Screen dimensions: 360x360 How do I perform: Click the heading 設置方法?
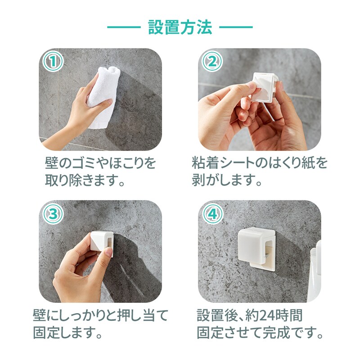(180, 27)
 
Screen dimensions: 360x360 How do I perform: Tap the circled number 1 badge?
(53, 62)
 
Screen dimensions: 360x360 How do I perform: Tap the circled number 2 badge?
(212, 62)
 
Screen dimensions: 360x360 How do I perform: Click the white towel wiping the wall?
(103, 96)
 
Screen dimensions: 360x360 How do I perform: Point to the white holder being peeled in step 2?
(265, 87)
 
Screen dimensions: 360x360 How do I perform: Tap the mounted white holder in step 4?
(256, 249)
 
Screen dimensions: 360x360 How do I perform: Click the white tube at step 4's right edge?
(315, 271)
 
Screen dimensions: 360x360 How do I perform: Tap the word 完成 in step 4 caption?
(277, 333)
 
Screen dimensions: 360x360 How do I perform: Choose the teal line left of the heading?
(124, 27)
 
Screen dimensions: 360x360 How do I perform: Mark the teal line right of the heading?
(236, 27)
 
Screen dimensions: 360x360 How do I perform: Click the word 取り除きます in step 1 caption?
(82, 180)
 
